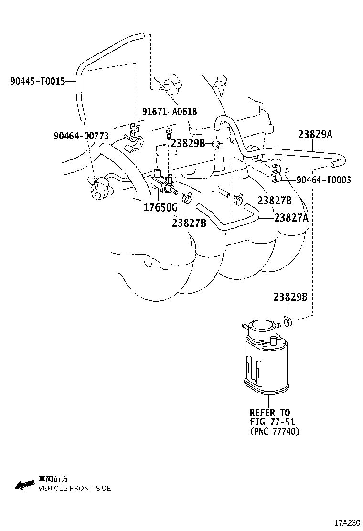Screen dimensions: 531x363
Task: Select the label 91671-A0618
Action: click(x=169, y=112)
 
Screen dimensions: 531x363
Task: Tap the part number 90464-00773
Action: click(x=81, y=137)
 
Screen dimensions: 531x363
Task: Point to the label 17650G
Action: click(x=160, y=208)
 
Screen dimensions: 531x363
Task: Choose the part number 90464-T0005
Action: click(x=323, y=180)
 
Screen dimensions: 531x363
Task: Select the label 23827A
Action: click(x=291, y=217)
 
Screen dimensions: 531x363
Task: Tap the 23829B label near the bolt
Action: click(x=188, y=143)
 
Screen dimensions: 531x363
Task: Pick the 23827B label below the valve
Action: click(x=189, y=222)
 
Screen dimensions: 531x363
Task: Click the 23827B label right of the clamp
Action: click(x=275, y=201)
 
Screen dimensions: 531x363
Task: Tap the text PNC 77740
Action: click(x=275, y=432)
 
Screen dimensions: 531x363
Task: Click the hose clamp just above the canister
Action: click(x=288, y=320)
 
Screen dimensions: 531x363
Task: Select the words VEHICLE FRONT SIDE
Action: click(x=75, y=489)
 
